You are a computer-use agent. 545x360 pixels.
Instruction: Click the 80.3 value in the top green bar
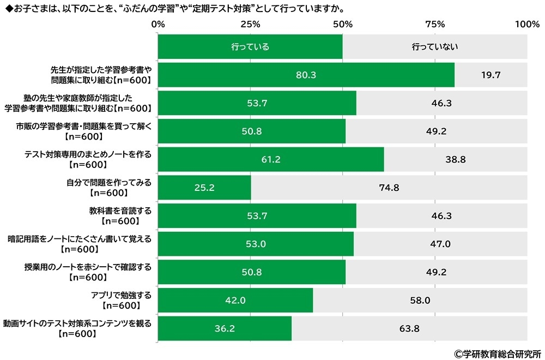(x=306, y=75)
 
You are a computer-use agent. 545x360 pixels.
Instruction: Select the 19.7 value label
(x=491, y=75)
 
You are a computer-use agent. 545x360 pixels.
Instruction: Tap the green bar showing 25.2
(x=204, y=188)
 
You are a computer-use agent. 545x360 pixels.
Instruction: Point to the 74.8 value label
(x=389, y=188)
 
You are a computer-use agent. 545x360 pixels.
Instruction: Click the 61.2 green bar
(x=271, y=159)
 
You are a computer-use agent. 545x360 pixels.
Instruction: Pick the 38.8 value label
(x=455, y=159)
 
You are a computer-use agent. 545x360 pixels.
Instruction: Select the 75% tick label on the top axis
(x=435, y=24)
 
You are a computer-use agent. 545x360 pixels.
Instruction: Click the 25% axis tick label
(x=250, y=24)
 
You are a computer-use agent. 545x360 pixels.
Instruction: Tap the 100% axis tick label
(x=526, y=24)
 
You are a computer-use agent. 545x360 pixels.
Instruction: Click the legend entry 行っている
(x=250, y=47)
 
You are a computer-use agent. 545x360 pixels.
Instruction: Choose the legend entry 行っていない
(x=434, y=47)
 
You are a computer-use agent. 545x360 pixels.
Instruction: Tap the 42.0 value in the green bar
(x=235, y=300)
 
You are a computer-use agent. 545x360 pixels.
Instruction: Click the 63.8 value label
(x=409, y=328)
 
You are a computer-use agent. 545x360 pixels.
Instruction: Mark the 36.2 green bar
(x=225, y=328)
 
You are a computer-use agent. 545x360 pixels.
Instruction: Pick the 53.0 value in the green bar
(x=256, y=244)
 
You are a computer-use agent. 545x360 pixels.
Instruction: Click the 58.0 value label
(x=420, y=300)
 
